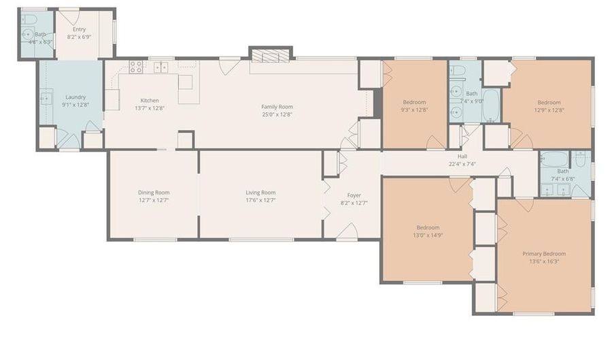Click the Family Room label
[x=277, y=107]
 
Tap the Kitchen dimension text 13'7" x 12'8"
[x=150, y=108]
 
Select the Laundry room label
[x=75, y=97]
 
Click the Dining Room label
[x=154, y=193]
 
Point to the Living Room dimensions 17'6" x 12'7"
[x=260, y=200]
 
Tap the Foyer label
[x=354, y=195]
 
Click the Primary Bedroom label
[x=544, y=254]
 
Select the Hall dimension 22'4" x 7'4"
[x=462, y=165]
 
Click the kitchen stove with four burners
[x=136, y=67]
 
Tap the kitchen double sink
[x=160, y=67]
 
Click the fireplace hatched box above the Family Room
[x=271, y=54]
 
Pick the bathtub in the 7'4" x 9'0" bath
[x=491, y=105]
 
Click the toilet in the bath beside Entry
[x=29, y=19]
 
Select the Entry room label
[x=80, y=29]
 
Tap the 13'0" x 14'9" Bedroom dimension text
[x=428, y=235]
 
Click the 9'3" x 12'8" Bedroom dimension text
[x=415, y=110]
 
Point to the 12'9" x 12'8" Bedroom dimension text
[x=549, y=110]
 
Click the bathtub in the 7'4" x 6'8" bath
[x=555, y=159]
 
